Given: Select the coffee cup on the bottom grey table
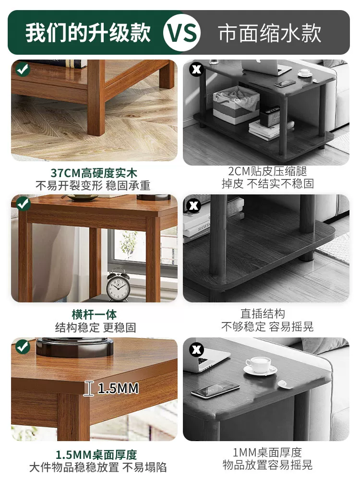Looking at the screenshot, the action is click(x=259, y=364).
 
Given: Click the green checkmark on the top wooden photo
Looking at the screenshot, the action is click(x=23, y=69).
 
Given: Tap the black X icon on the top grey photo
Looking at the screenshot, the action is click(x=196, y=69).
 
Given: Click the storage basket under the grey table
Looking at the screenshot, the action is click(x=236, y=104).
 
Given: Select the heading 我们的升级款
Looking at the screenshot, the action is click(x=88, y=33).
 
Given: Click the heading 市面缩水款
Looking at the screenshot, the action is click(x=270, y=33).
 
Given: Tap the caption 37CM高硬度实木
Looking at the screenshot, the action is click(x=94, y=173).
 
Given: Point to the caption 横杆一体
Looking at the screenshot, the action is click(x=94, y=314).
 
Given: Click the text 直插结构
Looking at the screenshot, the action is click(x=263, y=314).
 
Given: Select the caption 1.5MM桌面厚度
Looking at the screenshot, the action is click(x=96, y=455).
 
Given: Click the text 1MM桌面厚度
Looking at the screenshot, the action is click(x=267, y=452).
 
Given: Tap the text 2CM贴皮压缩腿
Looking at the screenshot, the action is click(x=267, y=171).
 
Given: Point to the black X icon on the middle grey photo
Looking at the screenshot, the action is click(x=194, y=205).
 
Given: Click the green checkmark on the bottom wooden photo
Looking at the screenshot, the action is click(x=23, y=347).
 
